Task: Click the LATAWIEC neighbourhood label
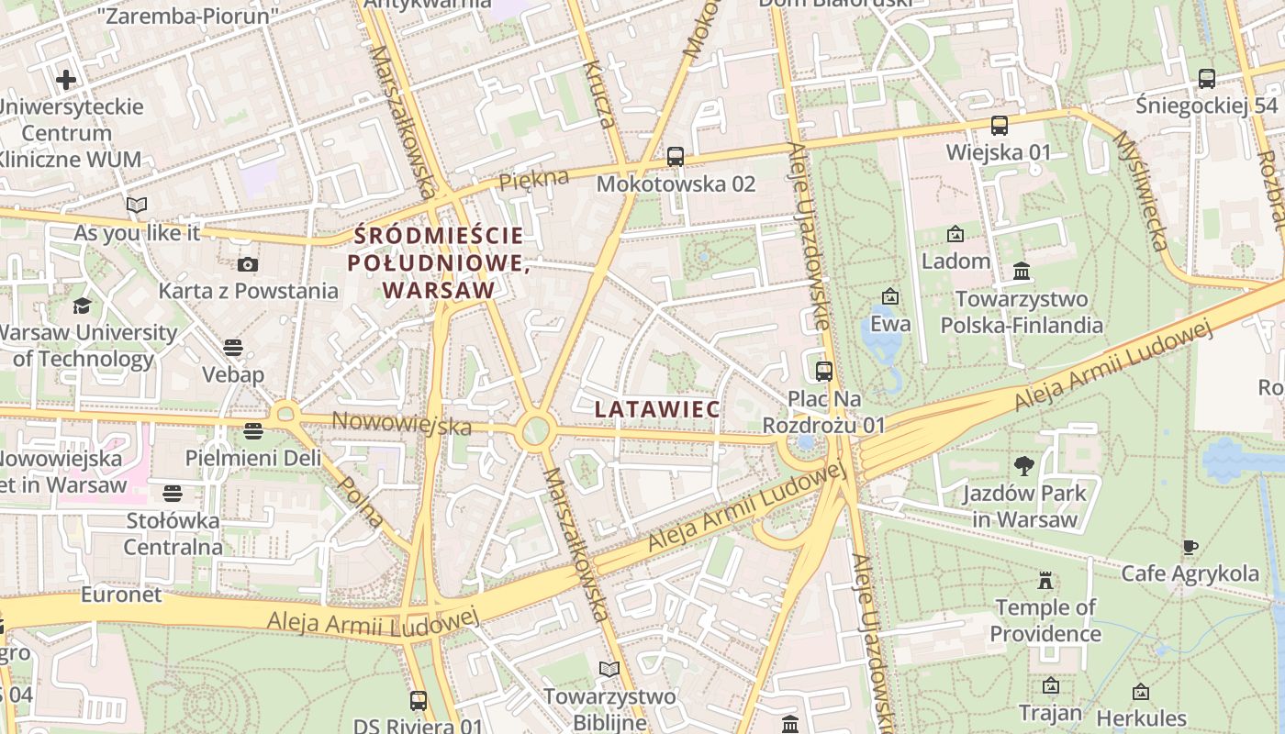(x=656, y=409)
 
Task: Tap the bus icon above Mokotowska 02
(x=676, y=157)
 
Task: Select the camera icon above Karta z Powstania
(x=247, y=265)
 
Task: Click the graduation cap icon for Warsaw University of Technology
(x=83, y=306)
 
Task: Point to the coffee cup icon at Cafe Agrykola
(x=1190, y=548)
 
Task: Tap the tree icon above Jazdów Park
(x=1024, y=466)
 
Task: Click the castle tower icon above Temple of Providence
(x=1045, y=580)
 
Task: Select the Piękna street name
(x=534, y=179)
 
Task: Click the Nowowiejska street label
(x=401, y=423)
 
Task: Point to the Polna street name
(x=361, y=501)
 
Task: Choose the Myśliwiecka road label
(x=1140, y=190)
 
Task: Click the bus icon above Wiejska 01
(x=999, y=126)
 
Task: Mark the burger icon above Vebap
(x=233, y=348)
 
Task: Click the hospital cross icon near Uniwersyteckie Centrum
(x=66, y=80)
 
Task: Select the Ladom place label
(x=955, y=261)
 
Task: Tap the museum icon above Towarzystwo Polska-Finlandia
(x=1022, y=272)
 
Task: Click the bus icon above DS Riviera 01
(x=419, y=701)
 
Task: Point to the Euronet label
(x=121, y=595)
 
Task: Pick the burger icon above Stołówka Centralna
(x=173, y=494)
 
